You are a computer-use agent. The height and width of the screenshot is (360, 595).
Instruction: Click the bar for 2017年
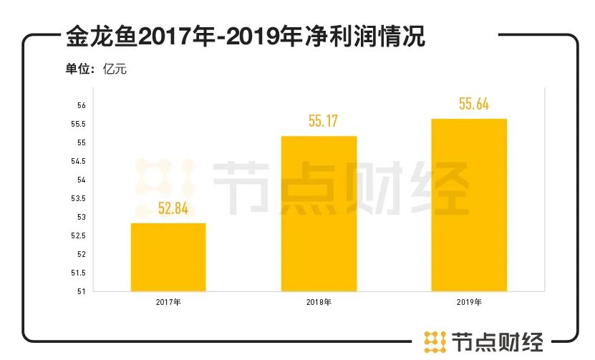[x=168, y=258]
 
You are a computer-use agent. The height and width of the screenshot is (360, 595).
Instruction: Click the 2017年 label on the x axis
[x=168, y=302]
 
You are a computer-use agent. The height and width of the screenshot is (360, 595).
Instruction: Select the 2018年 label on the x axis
[x=319, y=302]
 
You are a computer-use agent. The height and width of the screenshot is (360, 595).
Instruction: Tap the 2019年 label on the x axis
[x=469, y=302]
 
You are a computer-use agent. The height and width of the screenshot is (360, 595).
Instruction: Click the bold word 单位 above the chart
[x=78, y=70]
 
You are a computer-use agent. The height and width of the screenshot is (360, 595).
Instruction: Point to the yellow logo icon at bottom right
[x=435, y=341]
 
